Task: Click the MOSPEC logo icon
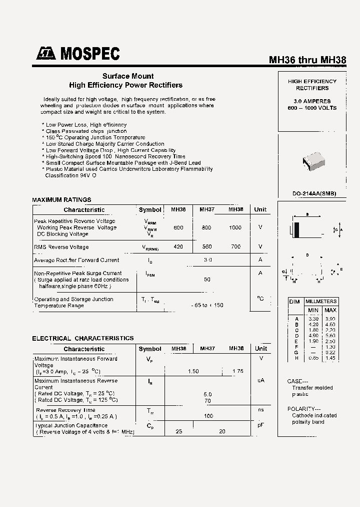pyautogui.click(x=46, y=54)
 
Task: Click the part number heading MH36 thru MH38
pyautogui.click(x=307, y=60)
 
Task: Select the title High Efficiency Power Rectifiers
pyautogui.click(x=125, y=85)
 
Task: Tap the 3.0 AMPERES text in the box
pyautogui.click(x=312, y=101)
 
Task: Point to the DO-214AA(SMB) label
pyautogui.click(x=314, y=194)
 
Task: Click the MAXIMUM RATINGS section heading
pyautogui.click(x=61, y=200)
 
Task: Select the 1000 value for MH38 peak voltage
pyautogui.click(x=235, y=227)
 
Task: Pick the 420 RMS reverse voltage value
pyautogui.click(x=178, y=246)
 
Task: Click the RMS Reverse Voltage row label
pyautogui.click(x=61, y=247)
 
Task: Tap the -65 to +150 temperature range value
pyautogui.click(x=207, y=305)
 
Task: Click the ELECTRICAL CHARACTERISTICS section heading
pyautogui.click(x=83, y=338)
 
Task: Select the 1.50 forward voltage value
pyautogui.click(x=193, y=371)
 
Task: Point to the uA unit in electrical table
pyautogui.click(x=260, y=381)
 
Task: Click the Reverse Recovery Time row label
pyautogui.click(x=65, y=410)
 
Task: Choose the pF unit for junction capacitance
pyautogui.click(x=260, y=425)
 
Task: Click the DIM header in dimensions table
pyautogui.click(x=294, y=302)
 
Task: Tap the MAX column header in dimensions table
pyautogui.click(x=330, y=310)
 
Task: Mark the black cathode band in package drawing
pyautogui.click(x=296, y=230)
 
